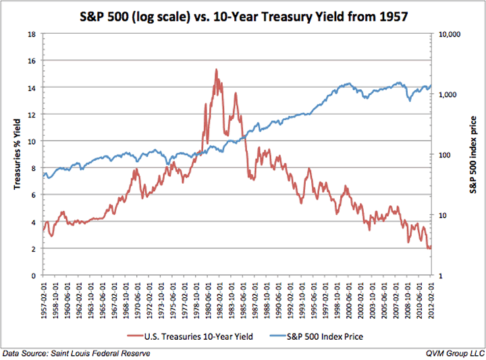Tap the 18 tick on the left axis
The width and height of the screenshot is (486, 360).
coord(32,34)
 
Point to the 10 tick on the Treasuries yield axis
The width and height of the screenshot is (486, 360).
coord(32,141)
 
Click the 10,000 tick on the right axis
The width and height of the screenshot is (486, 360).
coord(450,34)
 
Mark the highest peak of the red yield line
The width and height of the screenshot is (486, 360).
coord(216,69)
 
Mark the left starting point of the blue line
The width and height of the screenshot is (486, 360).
coord(43,176)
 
